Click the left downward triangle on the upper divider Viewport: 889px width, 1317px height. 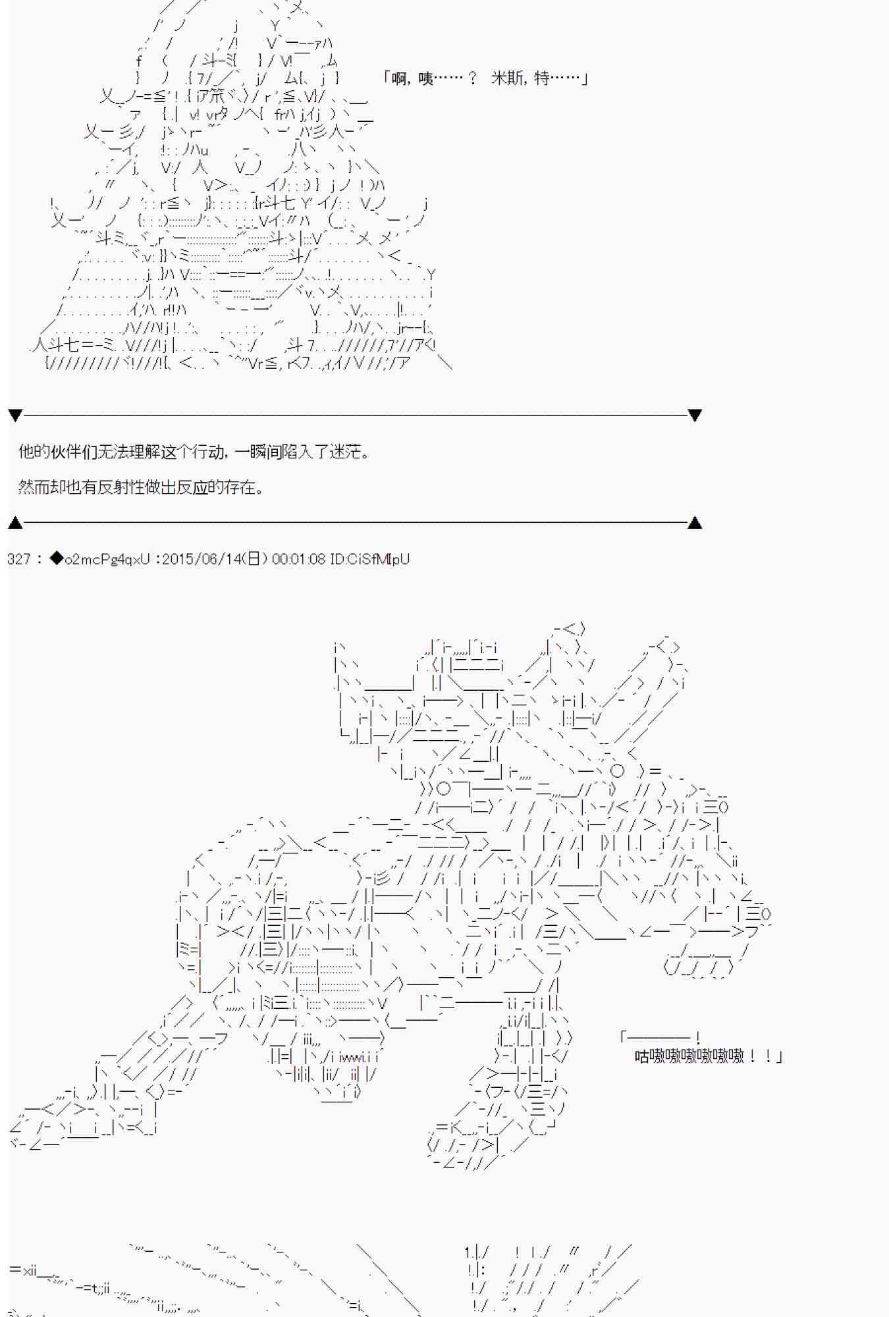point(15,415)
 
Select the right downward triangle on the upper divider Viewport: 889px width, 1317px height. point(694,415)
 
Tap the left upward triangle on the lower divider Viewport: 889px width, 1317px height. point(15,523)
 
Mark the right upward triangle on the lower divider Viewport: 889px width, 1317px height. point(694,523)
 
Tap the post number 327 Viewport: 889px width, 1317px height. point(18,559)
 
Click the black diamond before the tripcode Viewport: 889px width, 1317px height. point(57,559)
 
